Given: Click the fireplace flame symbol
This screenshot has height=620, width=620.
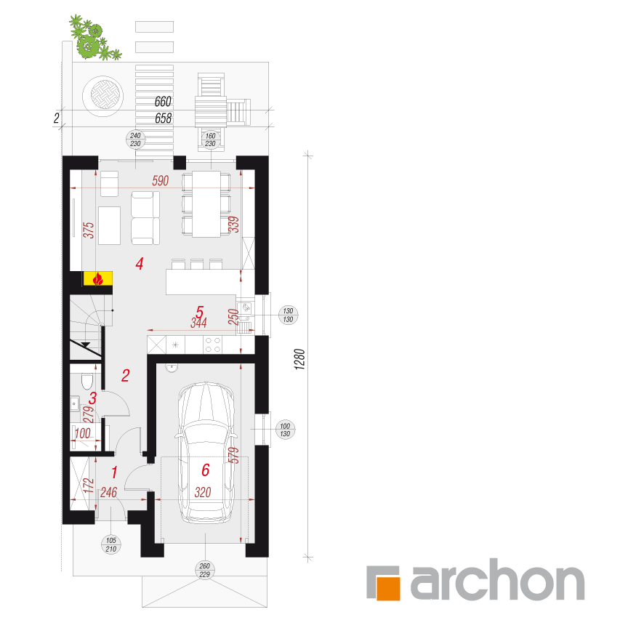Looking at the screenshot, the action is click(97, 279).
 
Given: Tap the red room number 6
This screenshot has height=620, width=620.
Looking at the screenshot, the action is click(206, 470).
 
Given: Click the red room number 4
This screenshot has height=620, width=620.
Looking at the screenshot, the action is click(139, 264).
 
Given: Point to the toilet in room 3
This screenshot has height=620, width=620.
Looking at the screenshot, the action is click(87, 381).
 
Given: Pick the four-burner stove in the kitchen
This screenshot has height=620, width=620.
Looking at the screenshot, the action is click(213, 345).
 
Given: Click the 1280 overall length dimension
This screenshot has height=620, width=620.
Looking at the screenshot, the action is click(299, 359).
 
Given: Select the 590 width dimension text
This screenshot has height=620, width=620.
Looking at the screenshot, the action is click(161, 181).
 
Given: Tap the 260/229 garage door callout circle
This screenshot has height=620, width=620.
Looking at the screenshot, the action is click(204, 570).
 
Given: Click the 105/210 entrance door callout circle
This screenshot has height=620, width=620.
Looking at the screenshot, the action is click(111, 545).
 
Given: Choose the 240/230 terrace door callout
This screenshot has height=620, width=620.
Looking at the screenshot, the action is click(135, 140).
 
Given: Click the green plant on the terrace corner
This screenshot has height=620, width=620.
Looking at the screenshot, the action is click(93, 39).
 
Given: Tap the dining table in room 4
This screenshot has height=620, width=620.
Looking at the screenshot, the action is click(206, 204).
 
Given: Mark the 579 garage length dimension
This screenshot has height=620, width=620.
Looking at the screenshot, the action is click(234, 455).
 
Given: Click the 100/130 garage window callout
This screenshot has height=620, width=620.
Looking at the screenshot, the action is click(285, 430).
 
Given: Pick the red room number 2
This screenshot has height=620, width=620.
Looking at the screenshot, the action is click(125, 376).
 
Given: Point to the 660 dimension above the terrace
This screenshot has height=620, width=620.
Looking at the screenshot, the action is click(163, 102).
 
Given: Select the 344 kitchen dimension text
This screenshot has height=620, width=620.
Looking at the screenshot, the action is click(198, 323).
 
